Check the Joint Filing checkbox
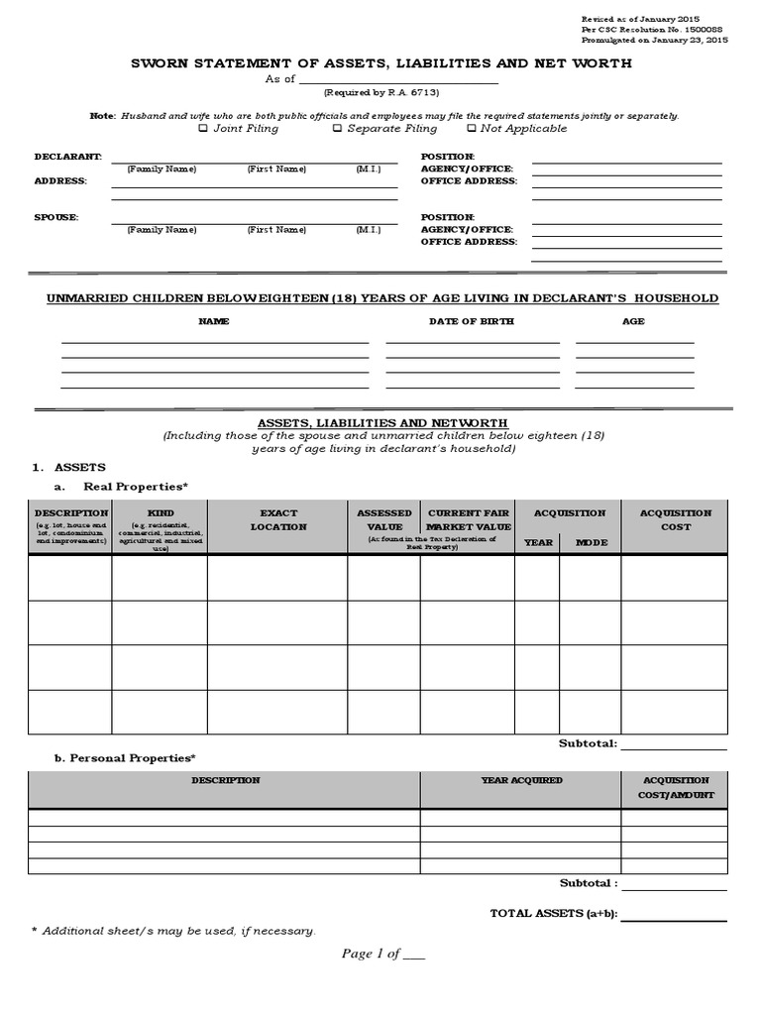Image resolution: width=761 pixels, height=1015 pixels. point(203,128)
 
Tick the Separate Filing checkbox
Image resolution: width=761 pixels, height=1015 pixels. point(337,128)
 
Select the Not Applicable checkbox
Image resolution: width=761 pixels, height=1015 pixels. point(471,128)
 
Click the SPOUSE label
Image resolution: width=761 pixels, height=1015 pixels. point(56,217)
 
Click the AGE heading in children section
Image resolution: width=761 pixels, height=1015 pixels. point(633,321)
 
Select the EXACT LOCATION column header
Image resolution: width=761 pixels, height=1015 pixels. point(278,519)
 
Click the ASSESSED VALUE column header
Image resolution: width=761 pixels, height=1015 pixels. point(383,519)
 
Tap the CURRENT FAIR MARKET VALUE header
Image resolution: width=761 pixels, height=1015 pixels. point(468,519)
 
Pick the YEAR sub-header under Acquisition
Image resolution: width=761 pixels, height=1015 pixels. point(538,542)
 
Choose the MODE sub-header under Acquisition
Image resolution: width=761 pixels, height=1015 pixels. point(592,542)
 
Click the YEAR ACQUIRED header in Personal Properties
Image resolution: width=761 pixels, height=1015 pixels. point(521,780)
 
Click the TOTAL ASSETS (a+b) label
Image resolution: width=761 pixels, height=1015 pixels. point(554,913)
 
